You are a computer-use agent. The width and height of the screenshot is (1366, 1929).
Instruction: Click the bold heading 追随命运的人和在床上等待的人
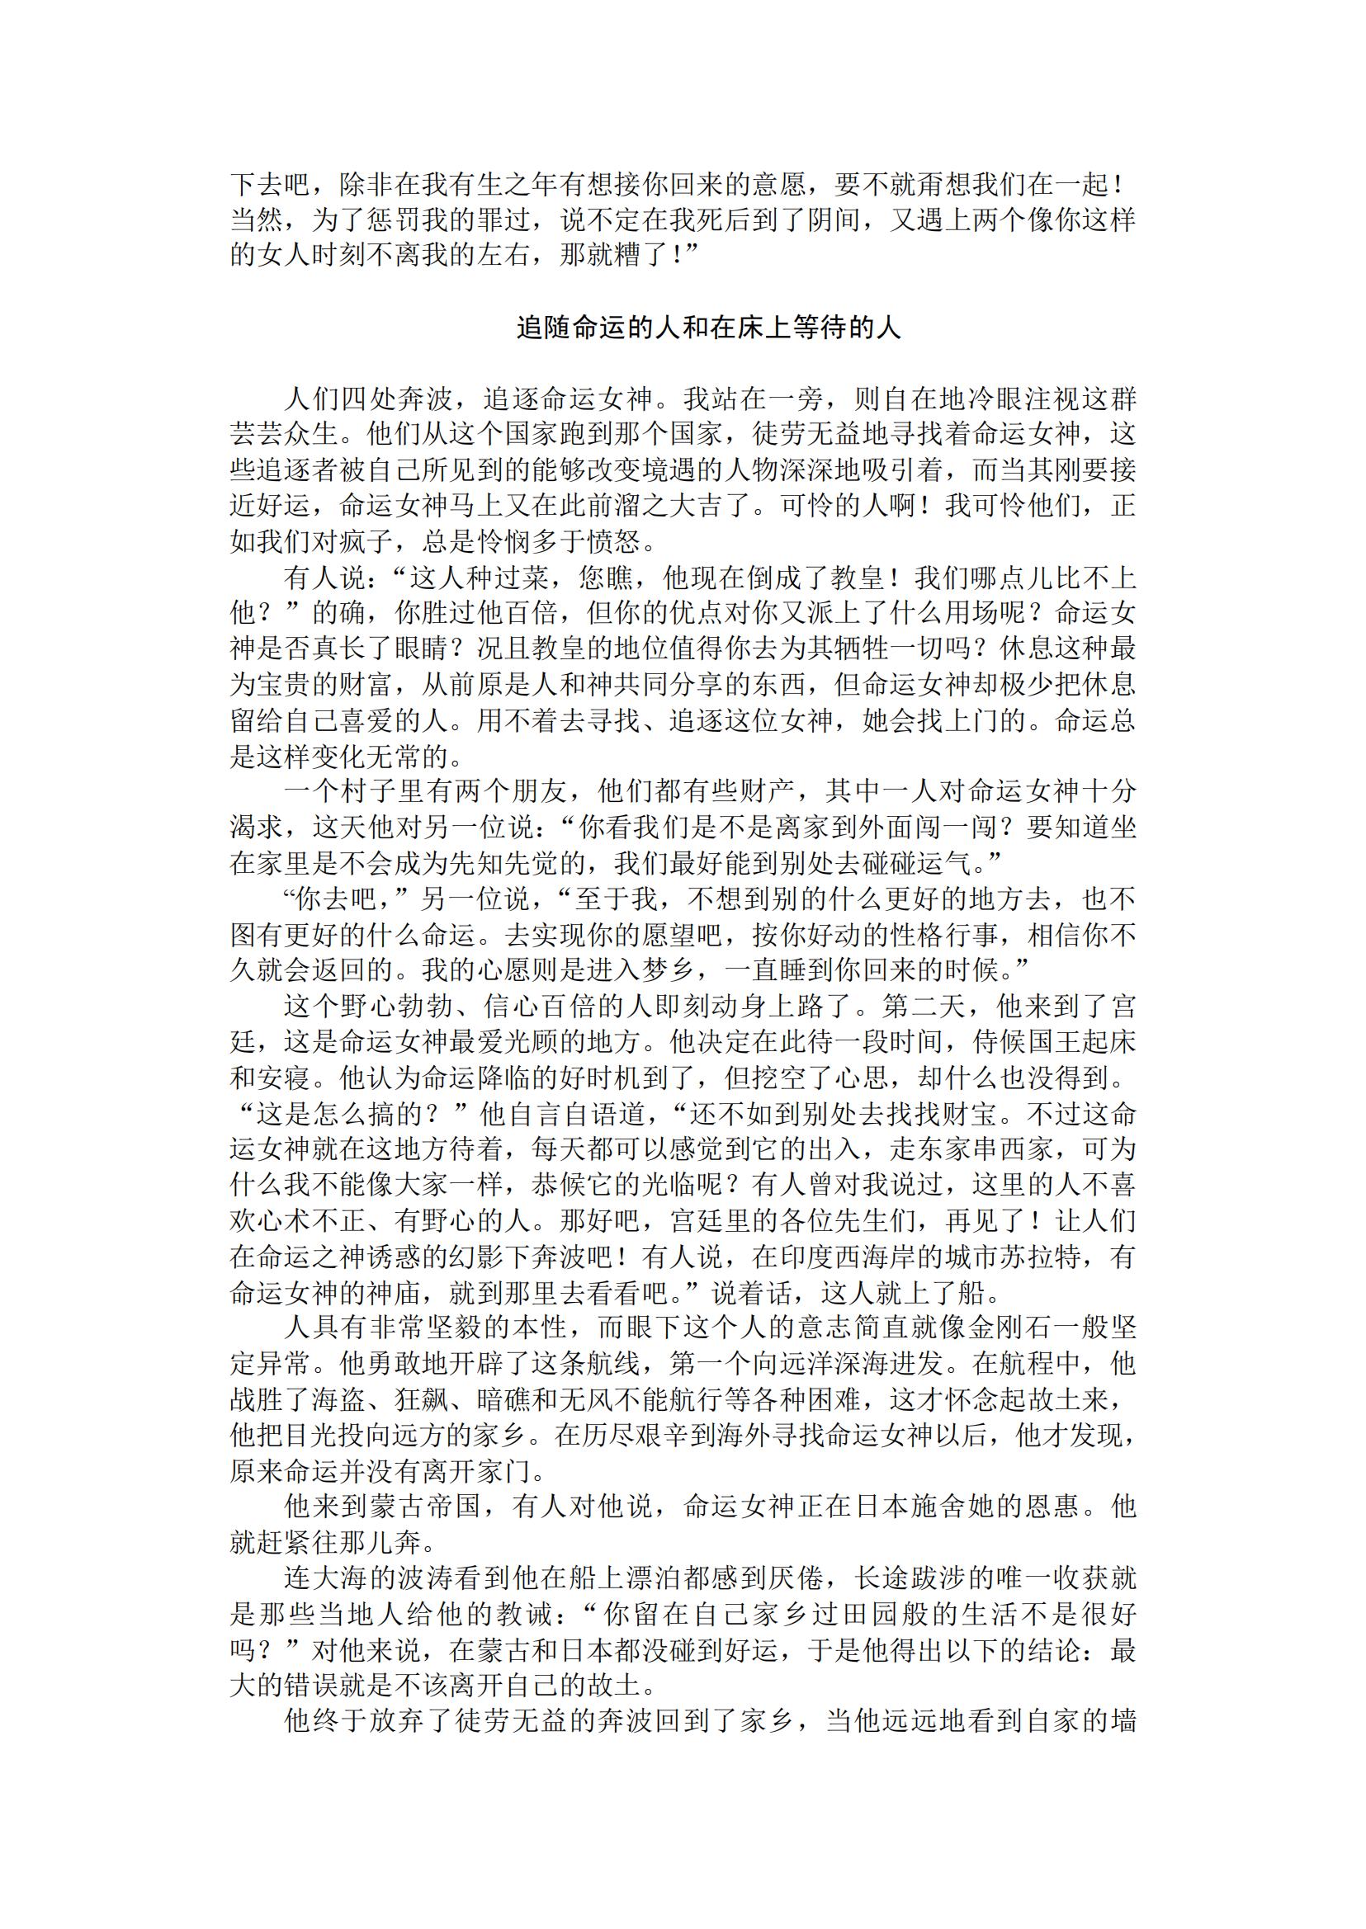point(708,328)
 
